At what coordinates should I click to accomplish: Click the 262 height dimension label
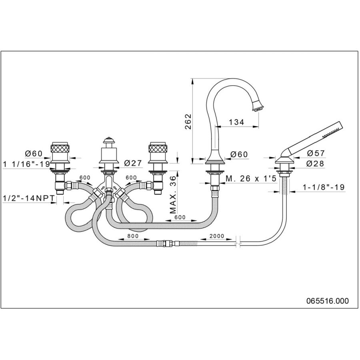pyautogui.click(x=188, y=121)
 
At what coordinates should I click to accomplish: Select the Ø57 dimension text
pyautogui.click(x=316, y=153)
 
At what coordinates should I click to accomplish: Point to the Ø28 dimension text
pyautogui.click(x=316, y=164)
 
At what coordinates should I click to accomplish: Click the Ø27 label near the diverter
pyautogui.click(x=133, y=163)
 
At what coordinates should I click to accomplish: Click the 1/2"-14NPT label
pyautogui.click(x=28, y=198)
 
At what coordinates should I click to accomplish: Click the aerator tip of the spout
pyautogui.click(x=258, y=106)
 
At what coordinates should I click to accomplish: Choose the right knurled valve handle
pyautogui.click(x=158, y=151)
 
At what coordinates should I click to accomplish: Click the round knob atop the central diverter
pyautogui.click(x=108, y=141)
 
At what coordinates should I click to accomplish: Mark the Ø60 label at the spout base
pyautogui.click(x=240, y=154)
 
